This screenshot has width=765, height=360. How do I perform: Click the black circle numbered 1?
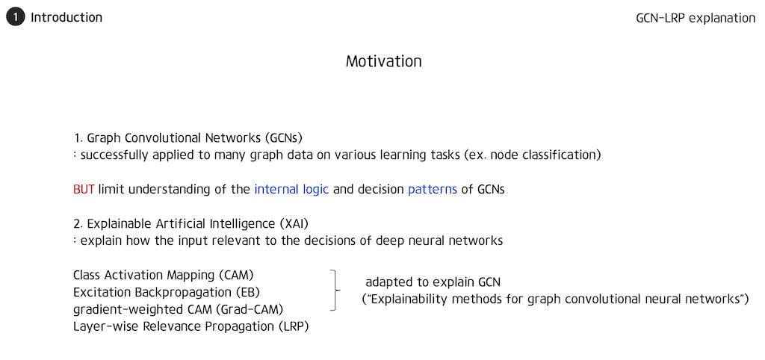point(16,17)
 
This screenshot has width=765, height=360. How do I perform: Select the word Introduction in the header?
point(66,17)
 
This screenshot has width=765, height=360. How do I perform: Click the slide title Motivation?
point(383,61)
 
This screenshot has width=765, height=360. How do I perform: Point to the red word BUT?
point(84,190)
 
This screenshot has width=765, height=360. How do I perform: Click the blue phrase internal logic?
point(291,190)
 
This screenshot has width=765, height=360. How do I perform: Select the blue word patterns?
point(433,190)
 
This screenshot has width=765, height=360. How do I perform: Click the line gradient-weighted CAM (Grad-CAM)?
point(178,308)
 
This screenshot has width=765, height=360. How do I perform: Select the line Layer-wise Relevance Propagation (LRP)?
point(191,326)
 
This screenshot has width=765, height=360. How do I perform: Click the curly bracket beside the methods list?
point(335,291)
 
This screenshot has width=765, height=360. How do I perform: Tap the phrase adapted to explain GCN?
point(433,282)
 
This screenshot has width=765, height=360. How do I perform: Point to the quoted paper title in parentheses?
point(555,300)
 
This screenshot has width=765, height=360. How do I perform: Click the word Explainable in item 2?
point(118,223)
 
